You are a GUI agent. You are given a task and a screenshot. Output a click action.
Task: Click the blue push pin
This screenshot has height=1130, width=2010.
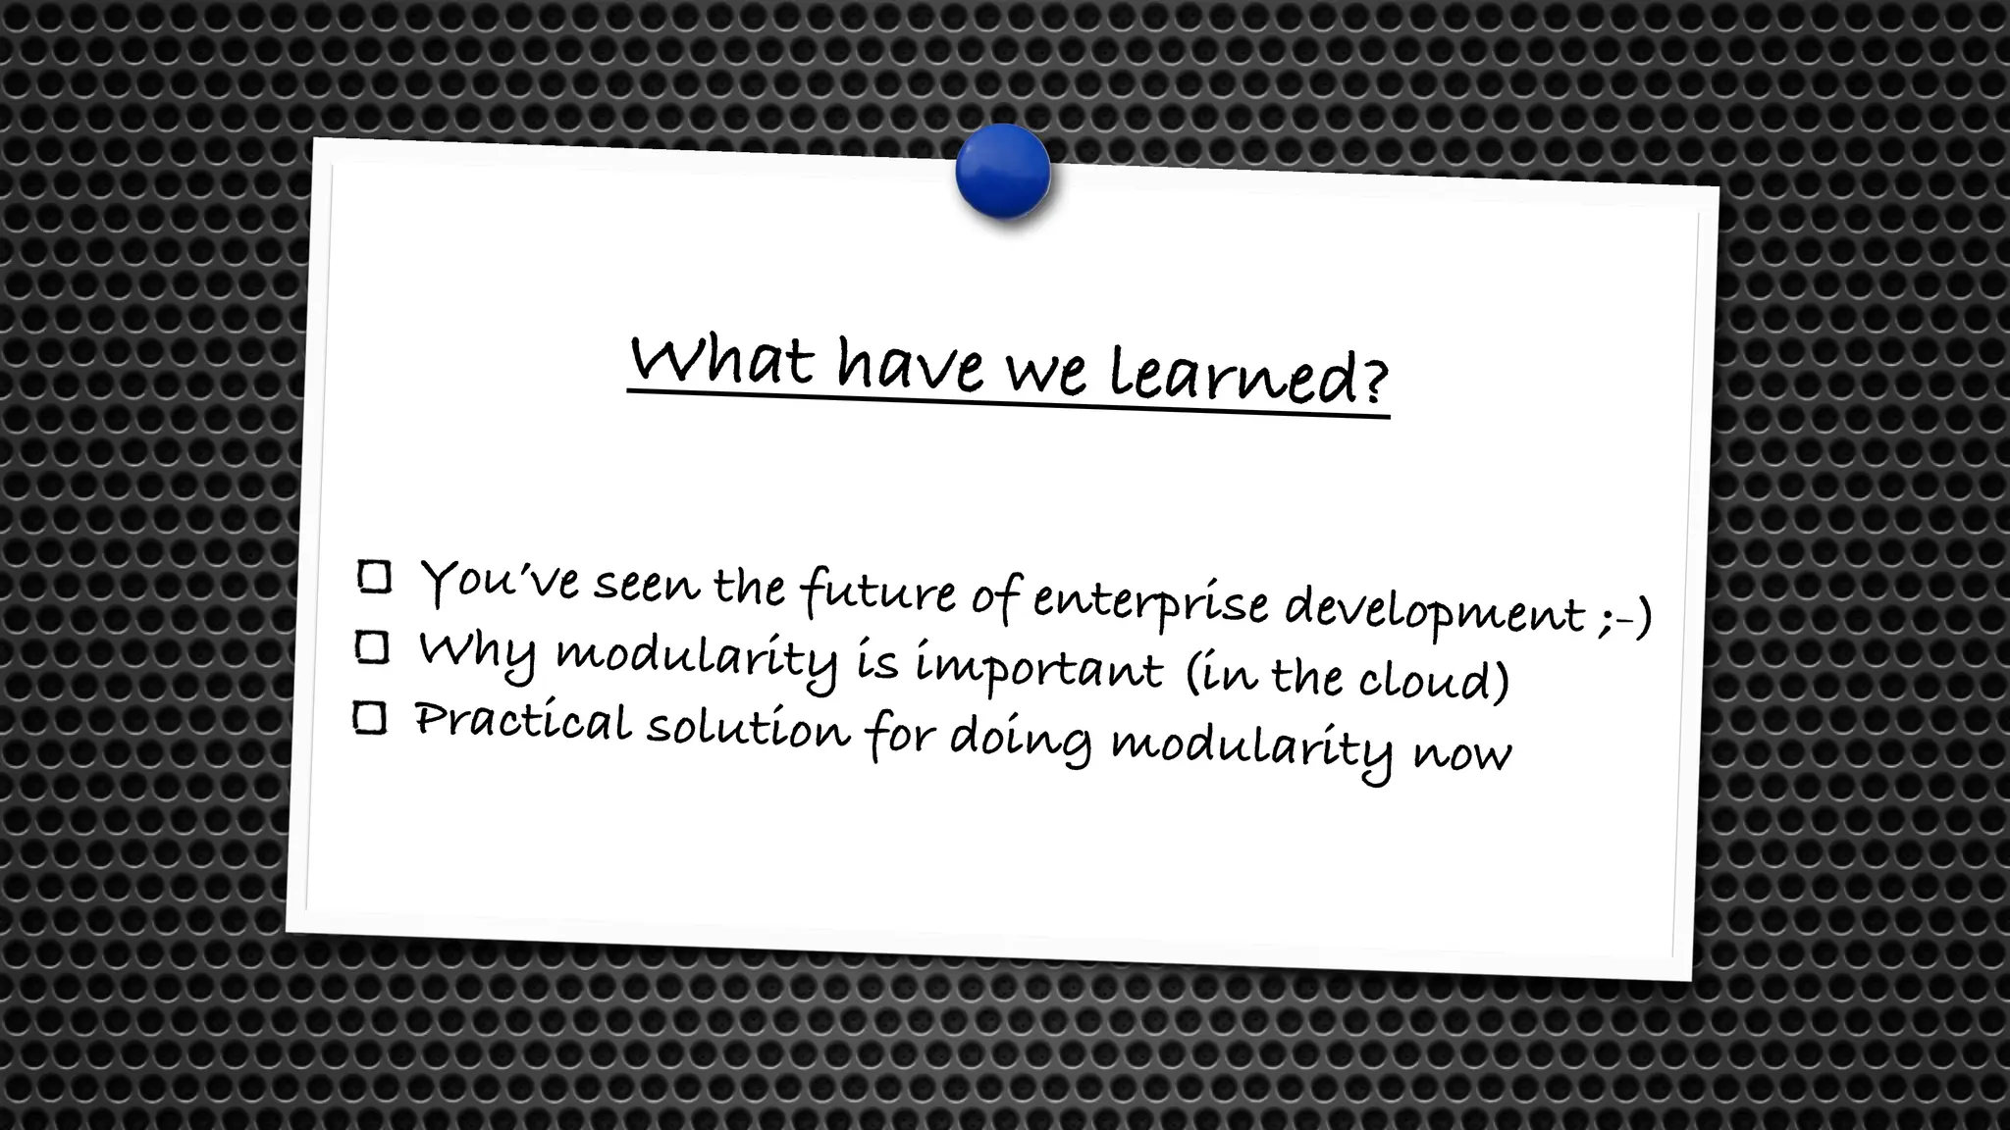click(1002, 172)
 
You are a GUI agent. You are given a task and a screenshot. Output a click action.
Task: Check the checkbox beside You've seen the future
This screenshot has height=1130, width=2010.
click(375, 577)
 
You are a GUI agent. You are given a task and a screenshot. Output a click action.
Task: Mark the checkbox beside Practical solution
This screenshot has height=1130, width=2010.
click(370, 718)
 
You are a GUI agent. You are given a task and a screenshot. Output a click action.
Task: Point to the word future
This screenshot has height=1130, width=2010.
click(878, 592)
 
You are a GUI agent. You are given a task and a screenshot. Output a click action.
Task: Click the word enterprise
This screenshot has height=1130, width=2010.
click(1150, 602)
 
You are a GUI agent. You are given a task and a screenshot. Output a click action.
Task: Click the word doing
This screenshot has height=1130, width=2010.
click(1020, 741)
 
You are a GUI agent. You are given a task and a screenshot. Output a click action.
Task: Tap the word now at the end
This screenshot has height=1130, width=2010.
click(1462, 753)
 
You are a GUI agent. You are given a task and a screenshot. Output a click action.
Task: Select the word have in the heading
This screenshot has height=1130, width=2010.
click(910, 365)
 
